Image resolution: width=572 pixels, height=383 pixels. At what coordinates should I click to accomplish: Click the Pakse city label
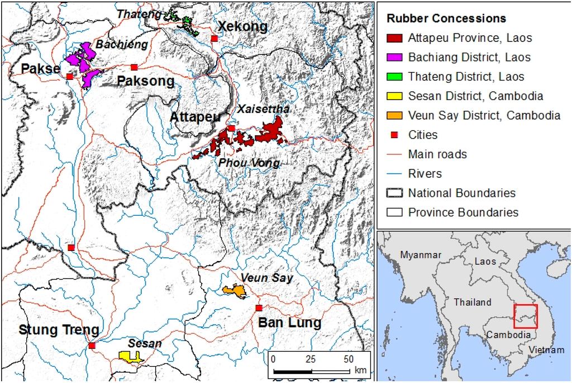coord(40,69)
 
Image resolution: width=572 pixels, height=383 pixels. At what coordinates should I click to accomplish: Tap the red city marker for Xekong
coord(214,39)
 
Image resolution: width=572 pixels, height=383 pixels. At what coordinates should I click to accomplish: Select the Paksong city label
coord(145,82)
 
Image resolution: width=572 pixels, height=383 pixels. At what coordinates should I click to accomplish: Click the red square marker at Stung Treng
coord(92,346)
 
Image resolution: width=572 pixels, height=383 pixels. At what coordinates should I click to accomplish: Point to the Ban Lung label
coord(289,323)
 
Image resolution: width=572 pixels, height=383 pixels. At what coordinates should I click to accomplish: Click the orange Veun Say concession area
coord(235,291)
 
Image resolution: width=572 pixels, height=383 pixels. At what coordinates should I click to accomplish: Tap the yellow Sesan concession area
coord(130,356)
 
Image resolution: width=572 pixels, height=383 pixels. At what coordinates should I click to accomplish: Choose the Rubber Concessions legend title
coord(446,18)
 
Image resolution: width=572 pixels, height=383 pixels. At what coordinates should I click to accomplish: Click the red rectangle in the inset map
coord(525,316)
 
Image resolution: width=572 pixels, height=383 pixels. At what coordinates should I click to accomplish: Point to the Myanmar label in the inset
coord(421,255)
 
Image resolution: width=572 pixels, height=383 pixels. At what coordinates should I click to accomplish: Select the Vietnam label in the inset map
coord(546,349)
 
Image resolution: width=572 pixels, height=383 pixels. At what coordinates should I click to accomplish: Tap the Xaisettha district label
coord(263,109)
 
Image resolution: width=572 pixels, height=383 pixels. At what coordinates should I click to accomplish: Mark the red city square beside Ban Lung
coord(259,308)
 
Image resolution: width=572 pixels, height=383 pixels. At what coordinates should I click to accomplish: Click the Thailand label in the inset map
coord(472,302)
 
